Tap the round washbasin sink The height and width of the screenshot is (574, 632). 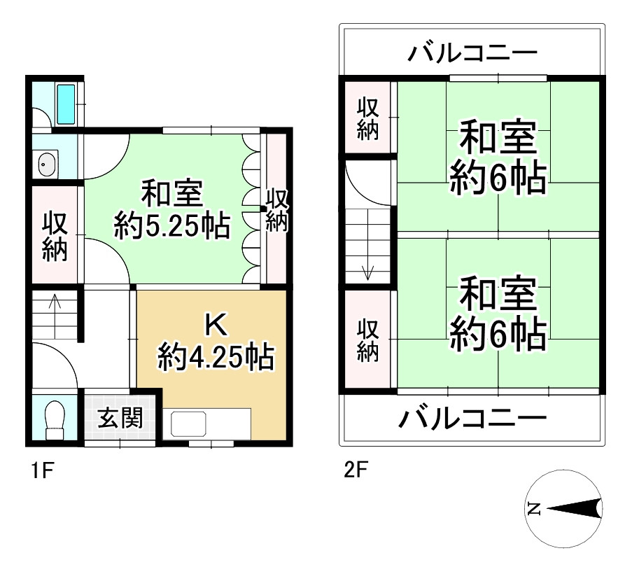coord(47,165)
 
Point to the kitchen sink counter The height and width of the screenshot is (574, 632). coord(210,424)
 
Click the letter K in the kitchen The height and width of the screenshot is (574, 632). coord(215,325)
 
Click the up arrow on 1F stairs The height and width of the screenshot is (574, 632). coord(55,307)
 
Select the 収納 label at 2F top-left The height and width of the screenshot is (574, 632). coord(368,120)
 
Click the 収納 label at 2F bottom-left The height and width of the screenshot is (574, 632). coord(368,340)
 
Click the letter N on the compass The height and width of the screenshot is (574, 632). coord(535,509)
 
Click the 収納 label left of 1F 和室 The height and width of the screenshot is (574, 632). coord(55,237)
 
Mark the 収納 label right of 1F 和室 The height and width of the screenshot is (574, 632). coord(276,210)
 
